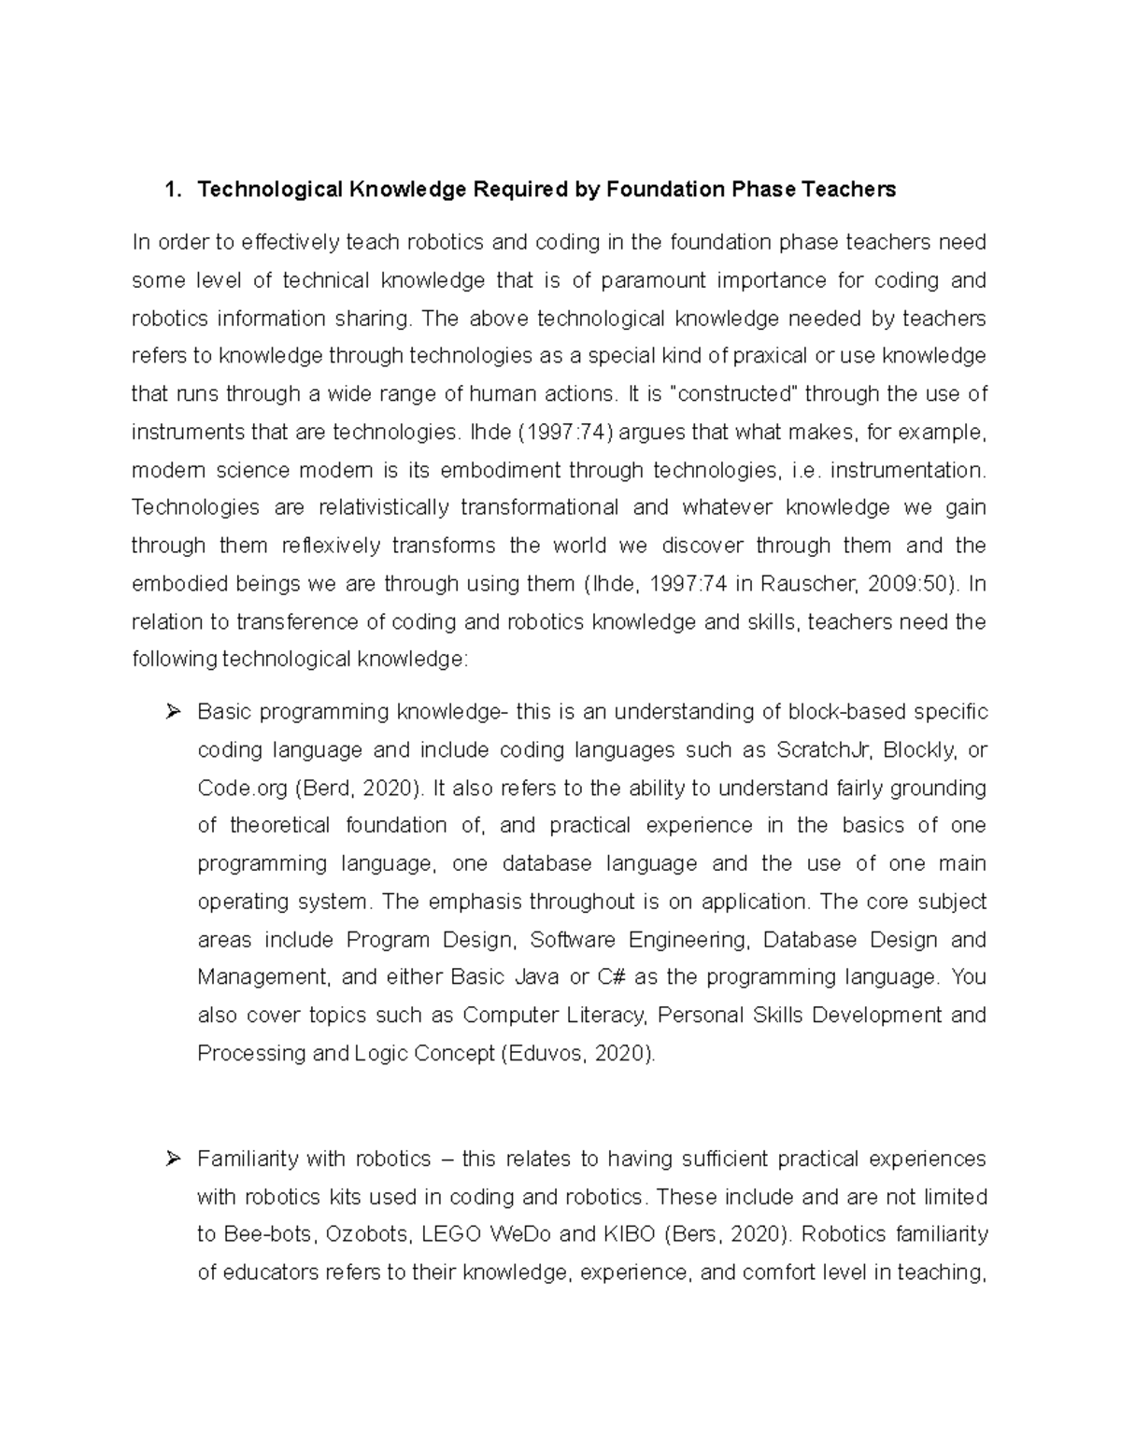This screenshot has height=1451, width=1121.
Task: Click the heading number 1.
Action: pos(169,191)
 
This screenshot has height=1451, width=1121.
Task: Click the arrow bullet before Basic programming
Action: pos(172,713)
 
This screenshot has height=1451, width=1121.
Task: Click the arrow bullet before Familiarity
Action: pos(172,1159)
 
